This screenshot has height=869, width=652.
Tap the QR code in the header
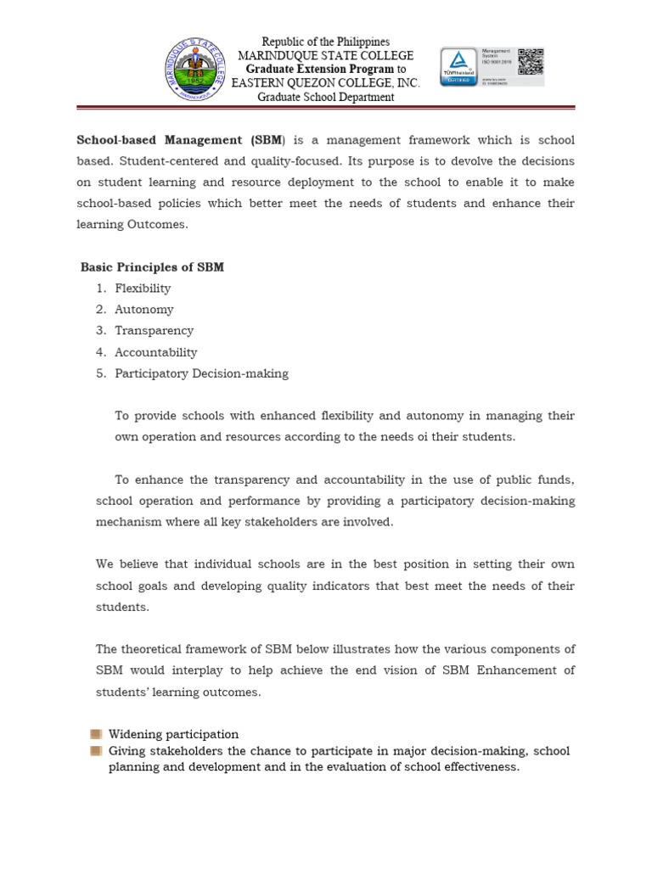pyautogui.click(x=530, y=62)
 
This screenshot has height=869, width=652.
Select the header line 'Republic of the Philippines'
pyautogui.click(x=326, y=42)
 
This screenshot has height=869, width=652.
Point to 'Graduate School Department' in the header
pyautogui.click(x=326, y=97)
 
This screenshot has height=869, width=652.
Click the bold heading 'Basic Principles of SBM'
pyautogui.click(x=152, y=267)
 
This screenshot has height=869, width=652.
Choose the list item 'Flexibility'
pyautogui.click(x=143, y=289)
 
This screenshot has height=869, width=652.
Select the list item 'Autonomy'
pyautogui.click(x=144, y=310)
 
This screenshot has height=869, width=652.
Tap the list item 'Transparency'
pyautogui.click(x=155, y=331)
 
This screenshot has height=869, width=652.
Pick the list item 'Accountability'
pyautogui.click(x=156, y=352)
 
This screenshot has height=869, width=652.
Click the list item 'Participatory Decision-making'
pyautogui.click(x=202, y=373)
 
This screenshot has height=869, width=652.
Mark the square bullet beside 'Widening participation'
pyautogui.click(x=97, y=734)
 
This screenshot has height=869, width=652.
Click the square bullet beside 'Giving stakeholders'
pyautogui.click(x=97, y=751)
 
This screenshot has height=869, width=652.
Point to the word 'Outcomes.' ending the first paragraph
pyautogui.click(x=159, y=225)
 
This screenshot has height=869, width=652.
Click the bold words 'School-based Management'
pyautogui.click(x=159, y=140)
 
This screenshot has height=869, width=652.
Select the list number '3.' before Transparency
pyautogui.click(x=101, y=331)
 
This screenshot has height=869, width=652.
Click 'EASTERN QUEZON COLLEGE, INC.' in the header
pyautogui.click(x=326, y=82)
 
